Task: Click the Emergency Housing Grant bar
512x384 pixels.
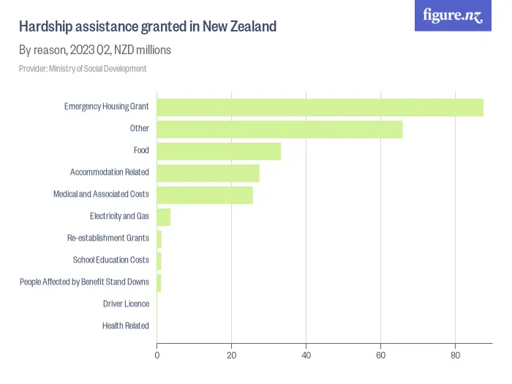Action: point(320,107)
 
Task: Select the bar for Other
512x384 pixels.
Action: point(279,129)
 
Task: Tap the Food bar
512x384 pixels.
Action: point(219,151)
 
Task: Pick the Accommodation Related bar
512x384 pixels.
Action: point(208,173)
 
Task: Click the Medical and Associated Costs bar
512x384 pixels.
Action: point(205,195)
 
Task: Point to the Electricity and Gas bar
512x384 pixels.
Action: point(164,217)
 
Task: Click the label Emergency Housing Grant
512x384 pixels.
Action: point(106,107)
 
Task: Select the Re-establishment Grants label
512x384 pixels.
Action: point(108,238)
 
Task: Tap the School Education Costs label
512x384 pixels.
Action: point(110,260)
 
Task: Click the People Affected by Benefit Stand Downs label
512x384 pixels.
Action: point(84,282)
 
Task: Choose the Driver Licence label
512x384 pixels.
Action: point(126,304)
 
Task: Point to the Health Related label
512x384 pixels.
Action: point(125,326)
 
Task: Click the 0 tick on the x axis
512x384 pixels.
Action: point(157,355)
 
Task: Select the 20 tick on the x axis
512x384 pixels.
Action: point(232,355)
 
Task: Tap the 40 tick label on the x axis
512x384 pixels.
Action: point(306,355)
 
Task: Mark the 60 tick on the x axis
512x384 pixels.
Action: point(380,355)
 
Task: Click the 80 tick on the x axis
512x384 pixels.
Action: point(455,355)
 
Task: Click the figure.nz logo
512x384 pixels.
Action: point(453,15)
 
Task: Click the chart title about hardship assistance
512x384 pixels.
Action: point(147,26)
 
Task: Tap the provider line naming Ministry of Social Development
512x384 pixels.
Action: point(83,69)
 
